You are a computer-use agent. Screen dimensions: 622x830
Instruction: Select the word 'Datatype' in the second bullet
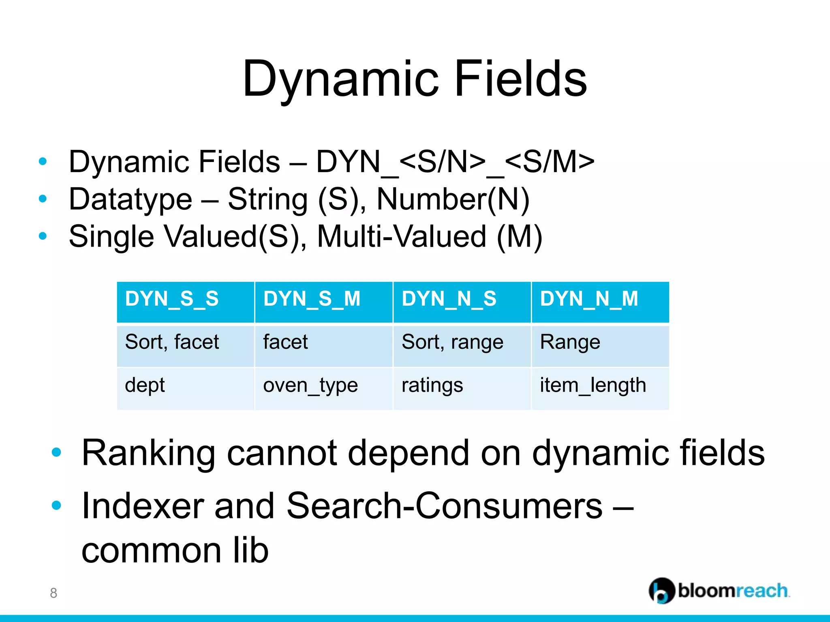pos(130,199)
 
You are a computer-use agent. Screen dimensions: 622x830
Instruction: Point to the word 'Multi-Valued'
pos(401,236)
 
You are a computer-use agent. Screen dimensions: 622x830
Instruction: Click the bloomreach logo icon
pos(661,590)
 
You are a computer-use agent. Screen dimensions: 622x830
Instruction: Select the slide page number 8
pos(53,593)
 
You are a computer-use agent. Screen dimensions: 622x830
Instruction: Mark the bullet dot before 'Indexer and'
pos(56,505)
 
